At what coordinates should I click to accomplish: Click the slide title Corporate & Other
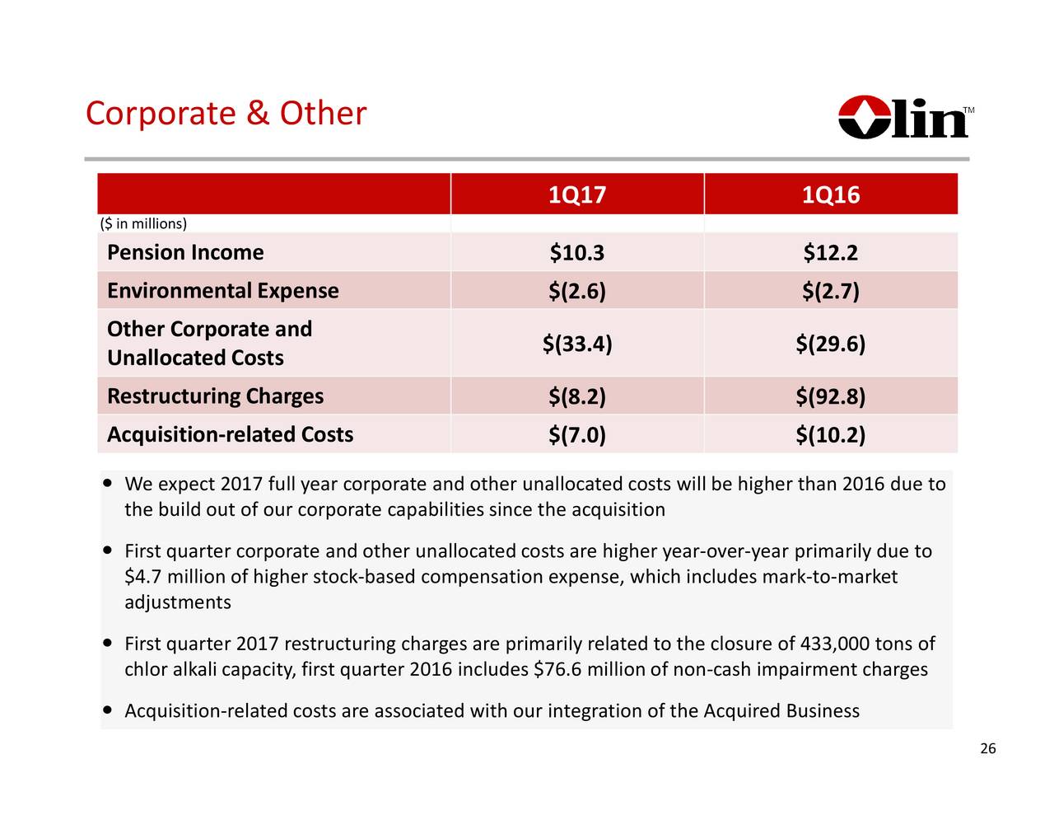226,114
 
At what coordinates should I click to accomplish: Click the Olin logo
905,118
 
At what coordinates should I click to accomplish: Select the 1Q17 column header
576,195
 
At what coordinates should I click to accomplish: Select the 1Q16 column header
830,195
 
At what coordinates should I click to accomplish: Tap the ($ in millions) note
143,224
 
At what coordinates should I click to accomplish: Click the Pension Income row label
185,252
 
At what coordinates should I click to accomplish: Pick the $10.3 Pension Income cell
576,253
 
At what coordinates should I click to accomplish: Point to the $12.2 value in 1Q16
830,253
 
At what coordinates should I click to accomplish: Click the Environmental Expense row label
222,291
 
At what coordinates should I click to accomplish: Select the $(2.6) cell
576,292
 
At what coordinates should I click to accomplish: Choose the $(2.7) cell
830,292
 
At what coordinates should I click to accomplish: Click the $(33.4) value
576,344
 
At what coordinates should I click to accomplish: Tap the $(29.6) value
830,344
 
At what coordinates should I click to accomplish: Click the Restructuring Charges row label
215,396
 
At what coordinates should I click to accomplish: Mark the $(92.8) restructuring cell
830,397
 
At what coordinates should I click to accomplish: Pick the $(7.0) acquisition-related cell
576,435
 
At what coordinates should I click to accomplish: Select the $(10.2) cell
830,435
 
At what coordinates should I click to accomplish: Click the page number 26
987,748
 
